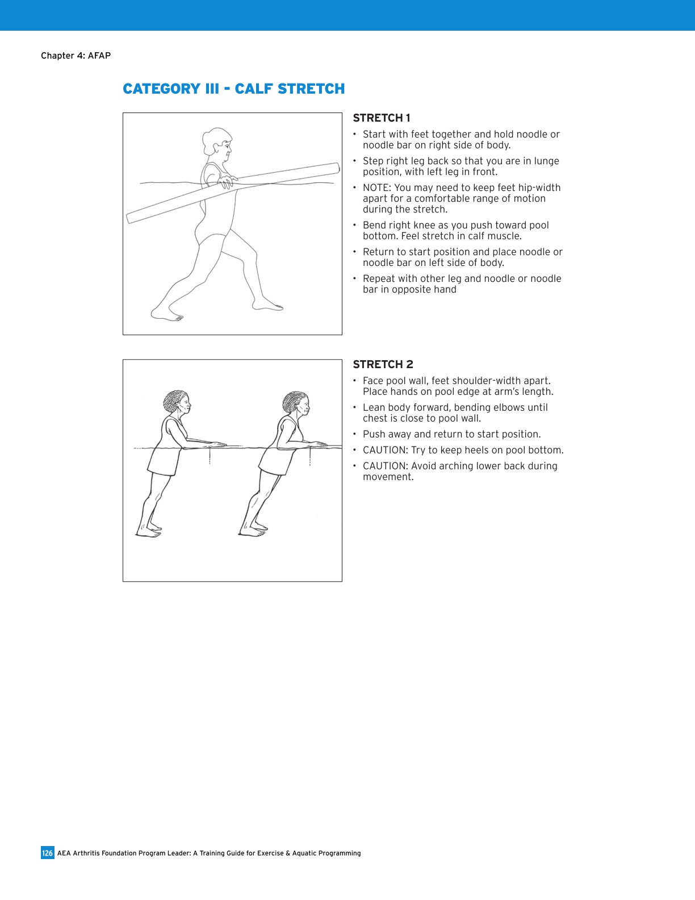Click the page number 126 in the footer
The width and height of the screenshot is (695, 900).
click(x=47, y=853)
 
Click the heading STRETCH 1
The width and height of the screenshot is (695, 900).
click(x=381, y=118)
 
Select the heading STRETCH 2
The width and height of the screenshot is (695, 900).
click(x=383, y=365)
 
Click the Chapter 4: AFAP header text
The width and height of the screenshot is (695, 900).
click(x=76, y=56)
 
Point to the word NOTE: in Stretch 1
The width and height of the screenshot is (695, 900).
click(x=377, y=188)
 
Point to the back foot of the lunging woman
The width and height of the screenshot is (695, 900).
click(x=166, y=314)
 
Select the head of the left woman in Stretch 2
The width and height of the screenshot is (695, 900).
click(x=177, y=402)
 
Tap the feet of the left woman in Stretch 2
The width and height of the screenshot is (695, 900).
click(x=149, y=531)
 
